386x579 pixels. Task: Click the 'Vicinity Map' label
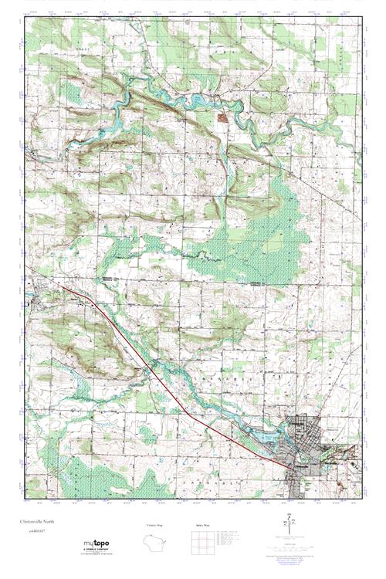pos(157,526)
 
